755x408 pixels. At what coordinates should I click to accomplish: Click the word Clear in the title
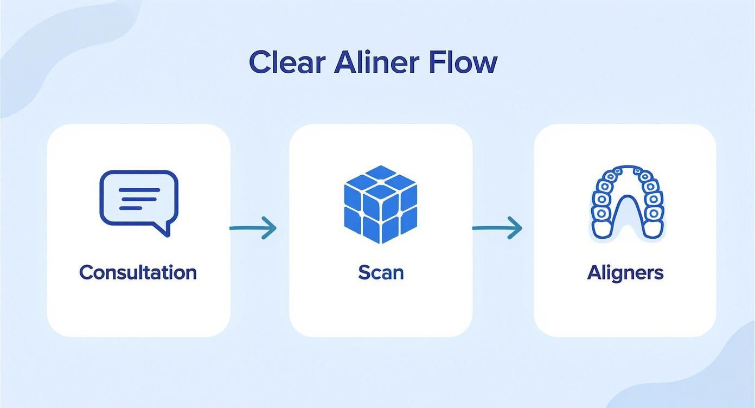[x=286, y=62]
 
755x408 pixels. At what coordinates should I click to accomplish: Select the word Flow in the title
[x=463, y=62]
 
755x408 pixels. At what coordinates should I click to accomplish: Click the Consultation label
[x=138, y=272]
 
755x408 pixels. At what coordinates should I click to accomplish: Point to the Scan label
[x=381, y=272]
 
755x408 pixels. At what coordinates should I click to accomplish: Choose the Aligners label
[x=625, y=272]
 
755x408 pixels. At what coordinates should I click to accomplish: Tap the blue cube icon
[x=381, y=204]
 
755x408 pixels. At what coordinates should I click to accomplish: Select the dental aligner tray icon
[x=626, y=202]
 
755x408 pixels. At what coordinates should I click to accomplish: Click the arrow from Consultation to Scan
[x=253, y=228]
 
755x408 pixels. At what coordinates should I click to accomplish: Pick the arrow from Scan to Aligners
[x=497, y=228]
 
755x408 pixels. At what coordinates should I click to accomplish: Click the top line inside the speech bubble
[x=139, y=190]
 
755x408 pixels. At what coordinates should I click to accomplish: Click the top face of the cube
[x=381, y=180]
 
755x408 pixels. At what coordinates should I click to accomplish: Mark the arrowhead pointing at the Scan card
[x=270, y=228]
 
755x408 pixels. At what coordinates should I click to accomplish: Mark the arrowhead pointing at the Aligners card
[x=515, y=228]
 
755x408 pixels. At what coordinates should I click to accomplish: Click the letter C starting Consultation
[x=86, y=272]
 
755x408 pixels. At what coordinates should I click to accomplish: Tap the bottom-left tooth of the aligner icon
[x=601, y=228]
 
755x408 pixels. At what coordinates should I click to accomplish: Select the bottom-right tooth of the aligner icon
[x=652, y=228]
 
